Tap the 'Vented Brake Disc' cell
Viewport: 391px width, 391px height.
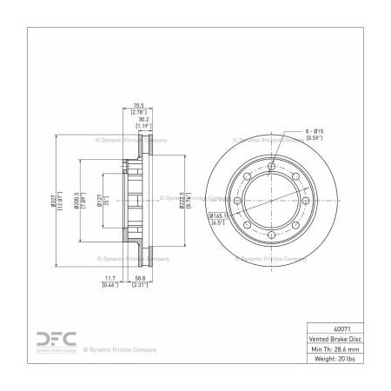(334, 339)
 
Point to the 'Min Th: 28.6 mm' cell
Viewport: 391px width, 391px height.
(334, 348)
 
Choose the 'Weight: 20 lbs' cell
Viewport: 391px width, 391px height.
(334, 358)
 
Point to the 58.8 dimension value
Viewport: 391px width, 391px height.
(138, 278)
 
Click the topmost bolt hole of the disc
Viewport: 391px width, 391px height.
(271, 167)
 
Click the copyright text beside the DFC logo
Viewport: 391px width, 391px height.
(120, 349)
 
